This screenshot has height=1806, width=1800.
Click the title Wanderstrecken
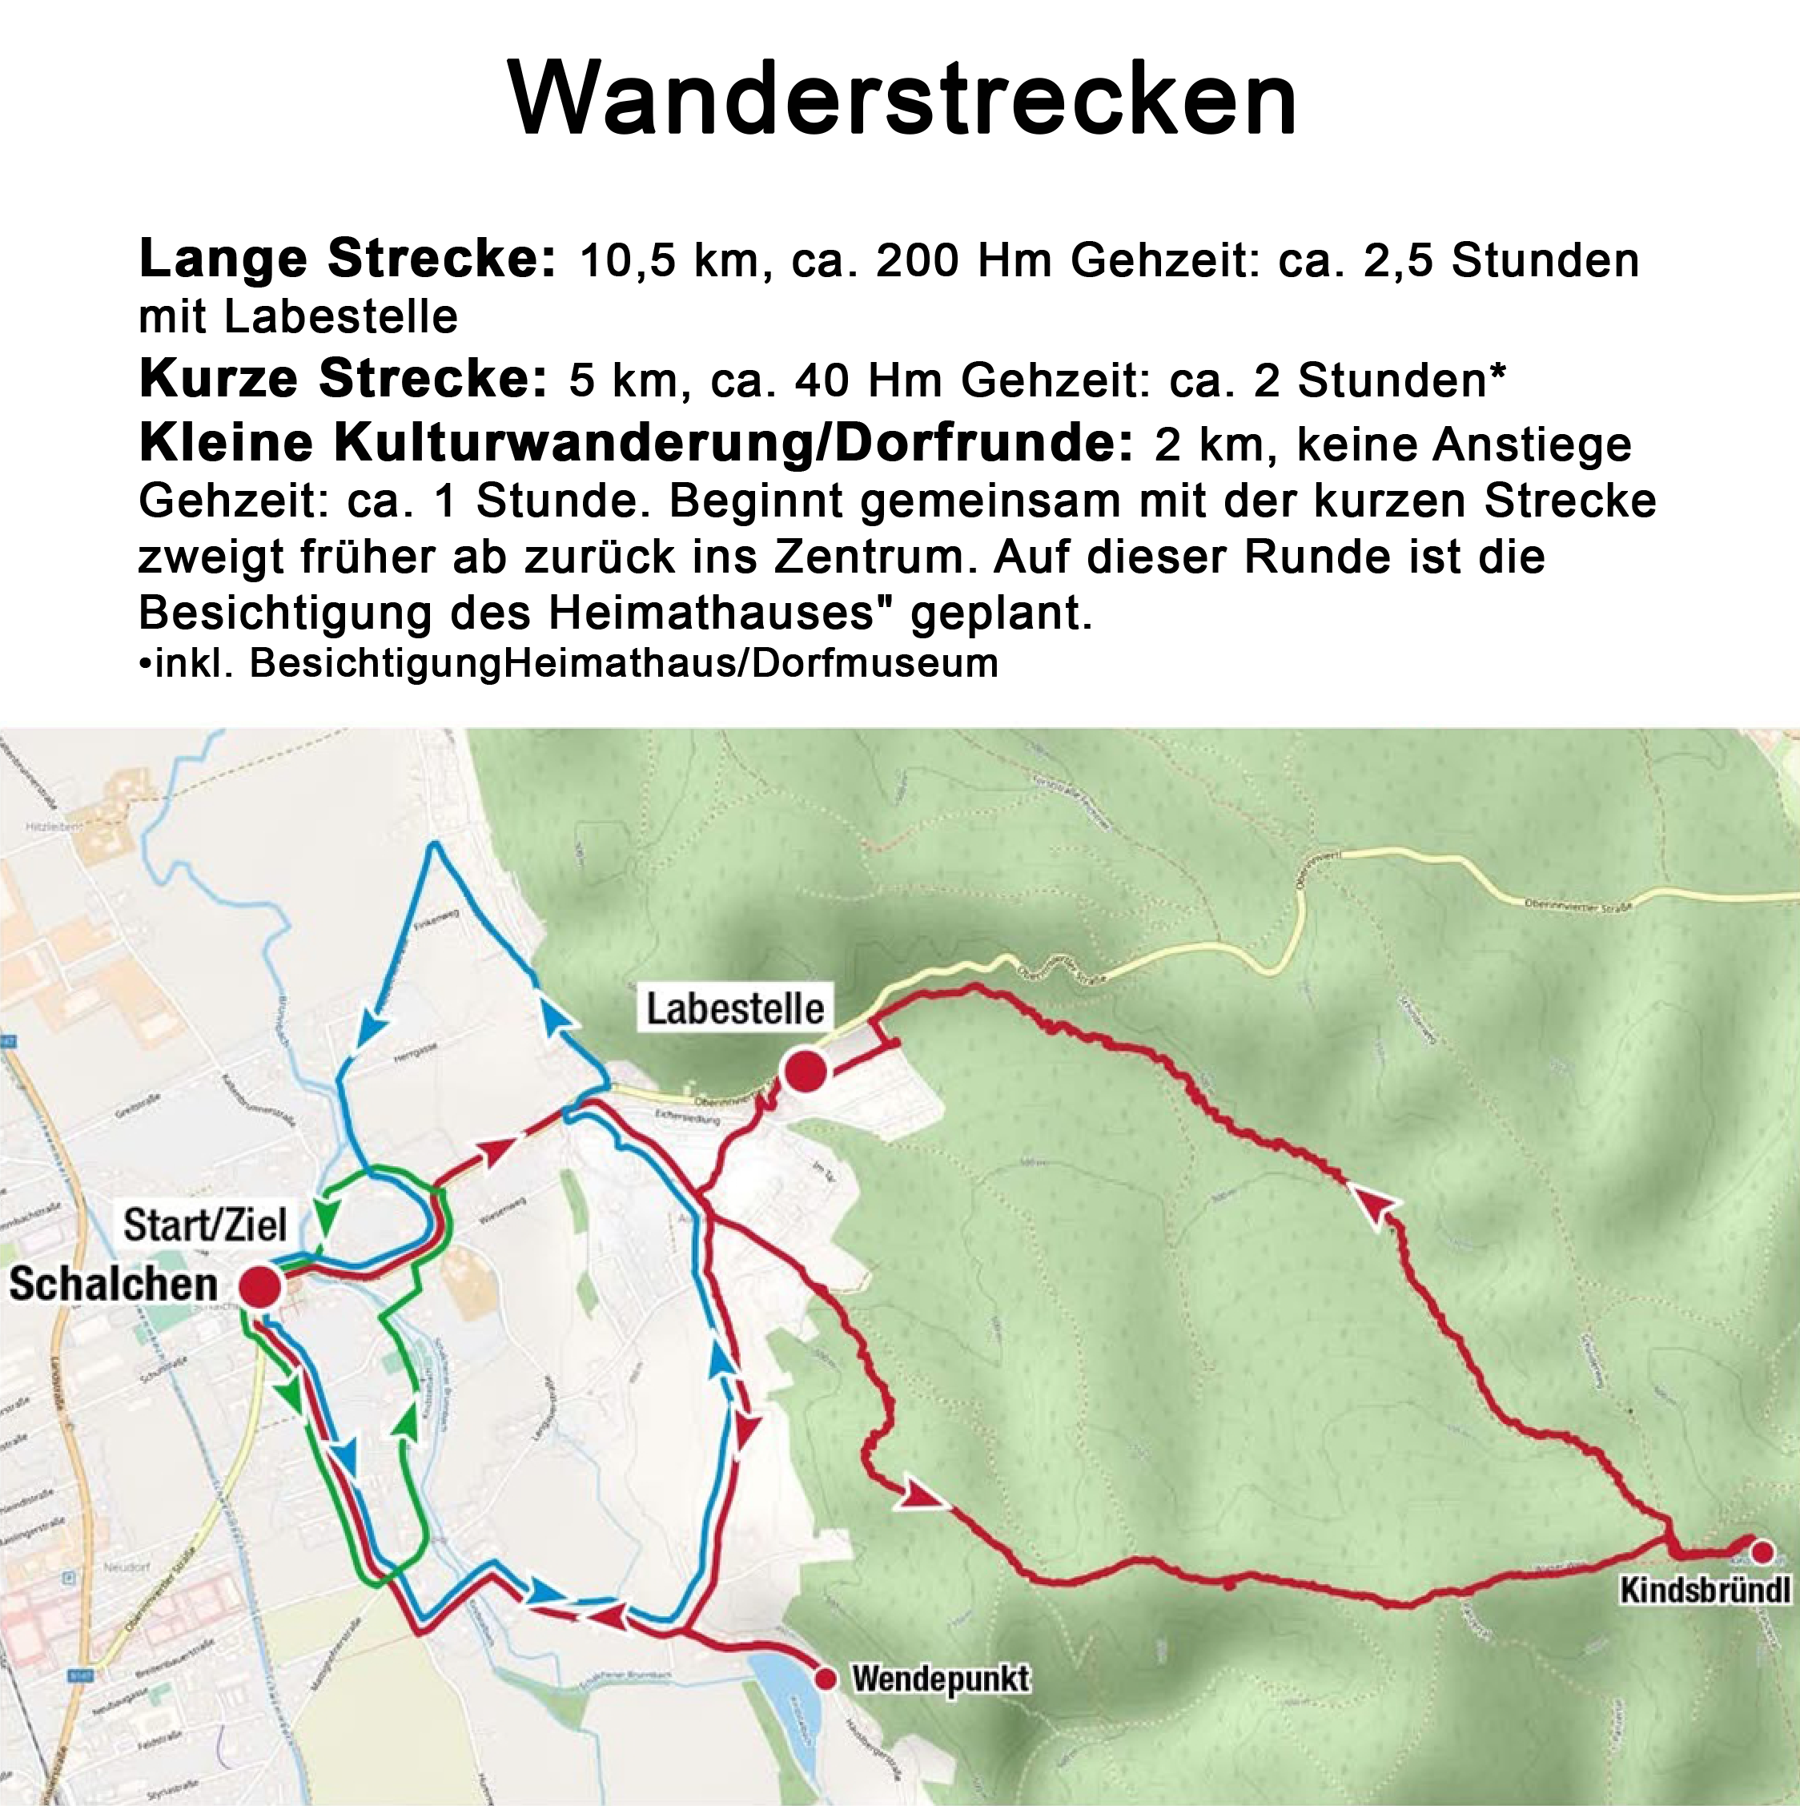[x=902, y=99]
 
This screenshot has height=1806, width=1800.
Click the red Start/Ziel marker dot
[x=259, y=1286]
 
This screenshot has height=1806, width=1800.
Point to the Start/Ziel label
[x=205, y=1225]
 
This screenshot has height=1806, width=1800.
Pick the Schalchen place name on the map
[x=113, y=1285]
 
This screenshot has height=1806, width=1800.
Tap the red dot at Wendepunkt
[x=826, y=1679]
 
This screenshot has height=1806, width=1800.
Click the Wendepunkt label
[x=940, y=1679]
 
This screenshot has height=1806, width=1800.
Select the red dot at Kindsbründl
[x=1762, y=1553]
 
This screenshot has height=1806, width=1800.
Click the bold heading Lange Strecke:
[x=348, y=259]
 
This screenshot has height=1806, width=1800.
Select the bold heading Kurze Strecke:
[x=343, y=380]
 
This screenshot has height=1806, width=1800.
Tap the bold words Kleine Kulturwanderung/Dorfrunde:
[x=636, y=443]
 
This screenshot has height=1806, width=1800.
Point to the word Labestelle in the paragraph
[x=340, y=317]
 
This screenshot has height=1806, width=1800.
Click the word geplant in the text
[x=1000, y=613]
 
